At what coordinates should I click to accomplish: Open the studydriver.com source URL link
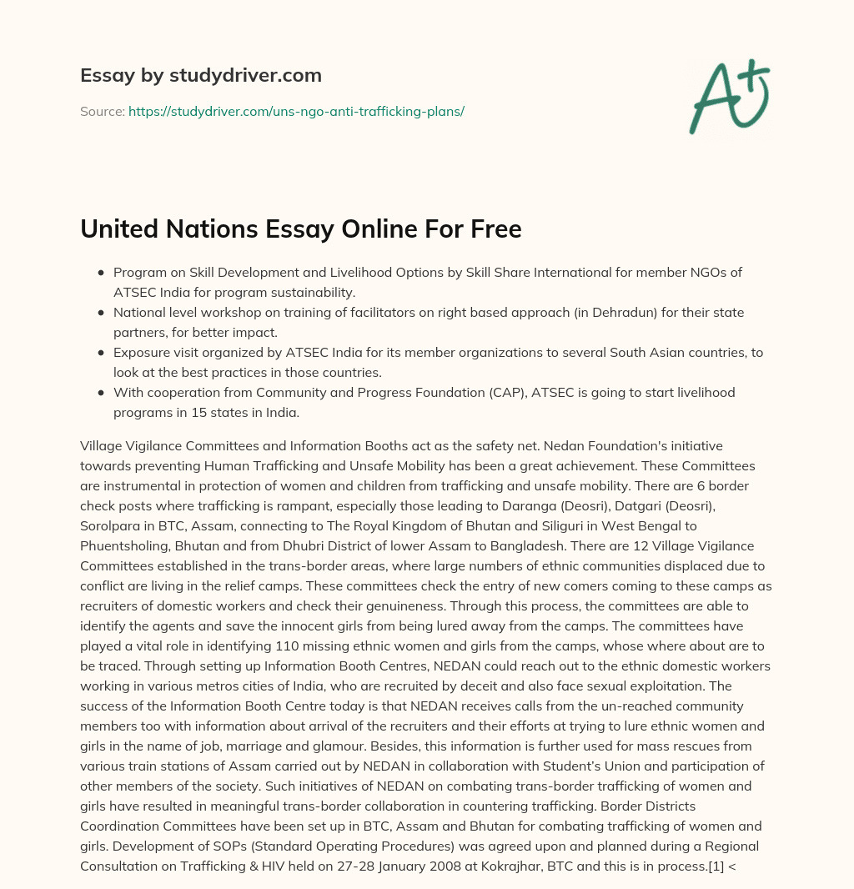pyautogui.click(x=296, y=111)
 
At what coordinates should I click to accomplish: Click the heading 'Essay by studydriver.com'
pyautogui.click(x=200, y=75)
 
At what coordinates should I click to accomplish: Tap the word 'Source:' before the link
pyautogui.click(x=102, y=111)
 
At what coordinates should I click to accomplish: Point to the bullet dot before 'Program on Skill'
pyautogui.click(x=101, y=273)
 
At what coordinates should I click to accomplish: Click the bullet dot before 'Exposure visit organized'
pyautogui.click(x=101, y=353)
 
